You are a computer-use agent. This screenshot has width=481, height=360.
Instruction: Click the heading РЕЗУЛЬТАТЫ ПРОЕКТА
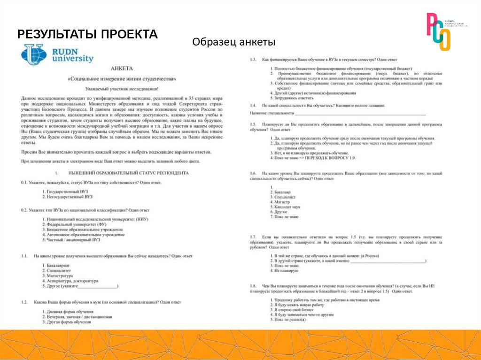click(87, 34)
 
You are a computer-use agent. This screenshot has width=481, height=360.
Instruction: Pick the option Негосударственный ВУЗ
click(69, 197)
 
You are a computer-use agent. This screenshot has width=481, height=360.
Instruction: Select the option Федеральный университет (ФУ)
click(76, 224)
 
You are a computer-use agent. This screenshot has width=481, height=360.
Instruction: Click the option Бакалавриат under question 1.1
click(58, 266)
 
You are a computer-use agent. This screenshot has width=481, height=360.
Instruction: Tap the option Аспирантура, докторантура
click(72, 281)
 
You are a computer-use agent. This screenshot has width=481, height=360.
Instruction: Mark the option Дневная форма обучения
click(70, 312)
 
